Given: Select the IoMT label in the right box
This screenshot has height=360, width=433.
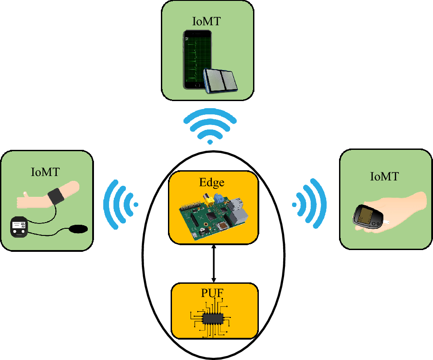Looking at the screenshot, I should click(x=384, y=176).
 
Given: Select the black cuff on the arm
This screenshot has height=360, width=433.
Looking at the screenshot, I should click(x=56, y=196).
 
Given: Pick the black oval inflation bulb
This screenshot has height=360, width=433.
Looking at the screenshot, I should click(x=78, y=229).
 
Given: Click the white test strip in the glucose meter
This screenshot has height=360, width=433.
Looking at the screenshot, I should click(x=388, y=220).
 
